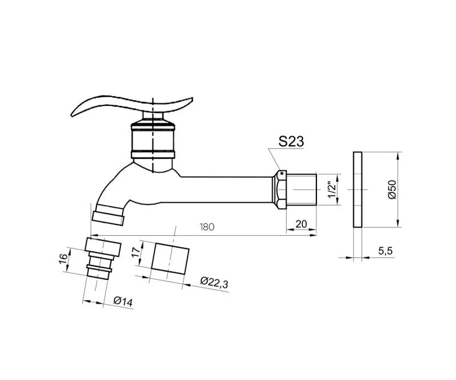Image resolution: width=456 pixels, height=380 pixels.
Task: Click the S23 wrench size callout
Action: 291,141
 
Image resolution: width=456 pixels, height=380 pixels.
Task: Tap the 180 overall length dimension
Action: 207,227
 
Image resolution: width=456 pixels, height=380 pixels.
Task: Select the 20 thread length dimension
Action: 302,224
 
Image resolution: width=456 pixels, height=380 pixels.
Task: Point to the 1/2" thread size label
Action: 332,190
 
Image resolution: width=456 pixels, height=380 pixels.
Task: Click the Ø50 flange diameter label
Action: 392,190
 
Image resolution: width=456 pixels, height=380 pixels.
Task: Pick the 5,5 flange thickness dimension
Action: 385,251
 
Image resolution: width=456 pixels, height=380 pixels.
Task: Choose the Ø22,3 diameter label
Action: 214,283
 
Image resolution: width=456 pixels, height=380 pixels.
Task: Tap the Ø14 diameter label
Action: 123,301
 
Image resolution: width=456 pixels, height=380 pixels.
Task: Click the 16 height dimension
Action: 63,258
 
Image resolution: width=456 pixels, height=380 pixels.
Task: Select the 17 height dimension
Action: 136,252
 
